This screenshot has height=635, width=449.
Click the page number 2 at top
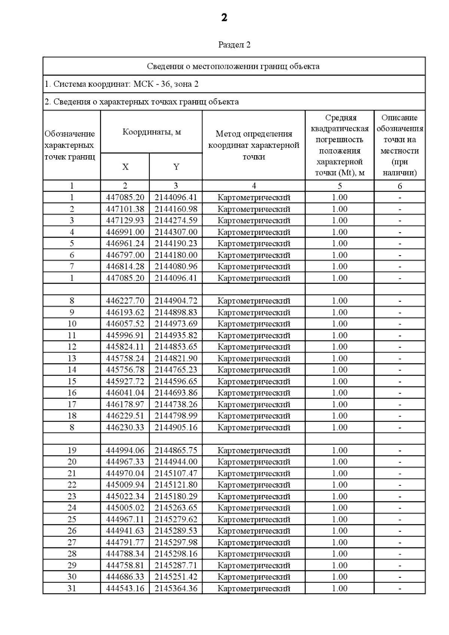224,18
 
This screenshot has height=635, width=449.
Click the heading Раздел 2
234,45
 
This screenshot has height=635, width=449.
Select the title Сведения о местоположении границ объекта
233,67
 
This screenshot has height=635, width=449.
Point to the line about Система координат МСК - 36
122,84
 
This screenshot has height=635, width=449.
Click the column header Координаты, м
152,132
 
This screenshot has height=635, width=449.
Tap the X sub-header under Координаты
125,167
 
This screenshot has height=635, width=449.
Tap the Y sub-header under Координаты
176,167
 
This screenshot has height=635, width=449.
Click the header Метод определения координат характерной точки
254,145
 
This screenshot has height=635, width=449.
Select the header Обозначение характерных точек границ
70,145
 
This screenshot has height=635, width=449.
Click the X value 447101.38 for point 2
125,209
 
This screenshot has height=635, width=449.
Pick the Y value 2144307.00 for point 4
176,232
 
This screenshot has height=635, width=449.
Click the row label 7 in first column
72,266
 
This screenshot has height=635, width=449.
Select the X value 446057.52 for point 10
125,324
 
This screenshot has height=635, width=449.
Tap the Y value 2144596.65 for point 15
176,381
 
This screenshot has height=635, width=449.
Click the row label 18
72,416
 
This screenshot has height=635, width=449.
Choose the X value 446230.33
125,427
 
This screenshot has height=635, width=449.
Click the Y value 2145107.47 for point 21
176,473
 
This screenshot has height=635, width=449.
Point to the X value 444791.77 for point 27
125,542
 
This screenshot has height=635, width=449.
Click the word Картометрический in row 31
254,588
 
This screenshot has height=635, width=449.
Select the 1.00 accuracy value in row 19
340,450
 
